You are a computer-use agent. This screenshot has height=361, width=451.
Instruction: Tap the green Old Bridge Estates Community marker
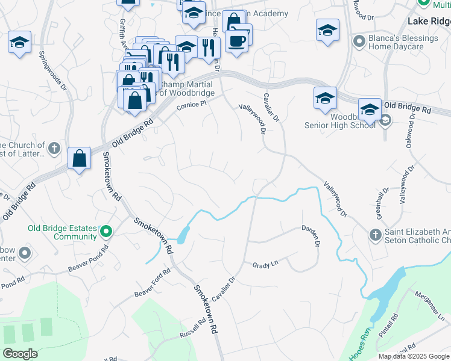click(106, 231)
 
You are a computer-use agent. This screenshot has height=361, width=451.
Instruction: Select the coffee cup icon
click(237, 42)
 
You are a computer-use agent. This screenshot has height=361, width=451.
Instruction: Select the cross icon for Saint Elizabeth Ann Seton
click(374, 233)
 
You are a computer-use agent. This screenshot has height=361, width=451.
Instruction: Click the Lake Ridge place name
click(429, 21)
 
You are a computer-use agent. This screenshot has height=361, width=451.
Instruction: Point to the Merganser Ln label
click(430, 305)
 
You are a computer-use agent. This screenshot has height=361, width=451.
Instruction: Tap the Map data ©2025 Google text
click(414, 356)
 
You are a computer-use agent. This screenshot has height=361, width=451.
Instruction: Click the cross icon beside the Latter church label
click(53, 148)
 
